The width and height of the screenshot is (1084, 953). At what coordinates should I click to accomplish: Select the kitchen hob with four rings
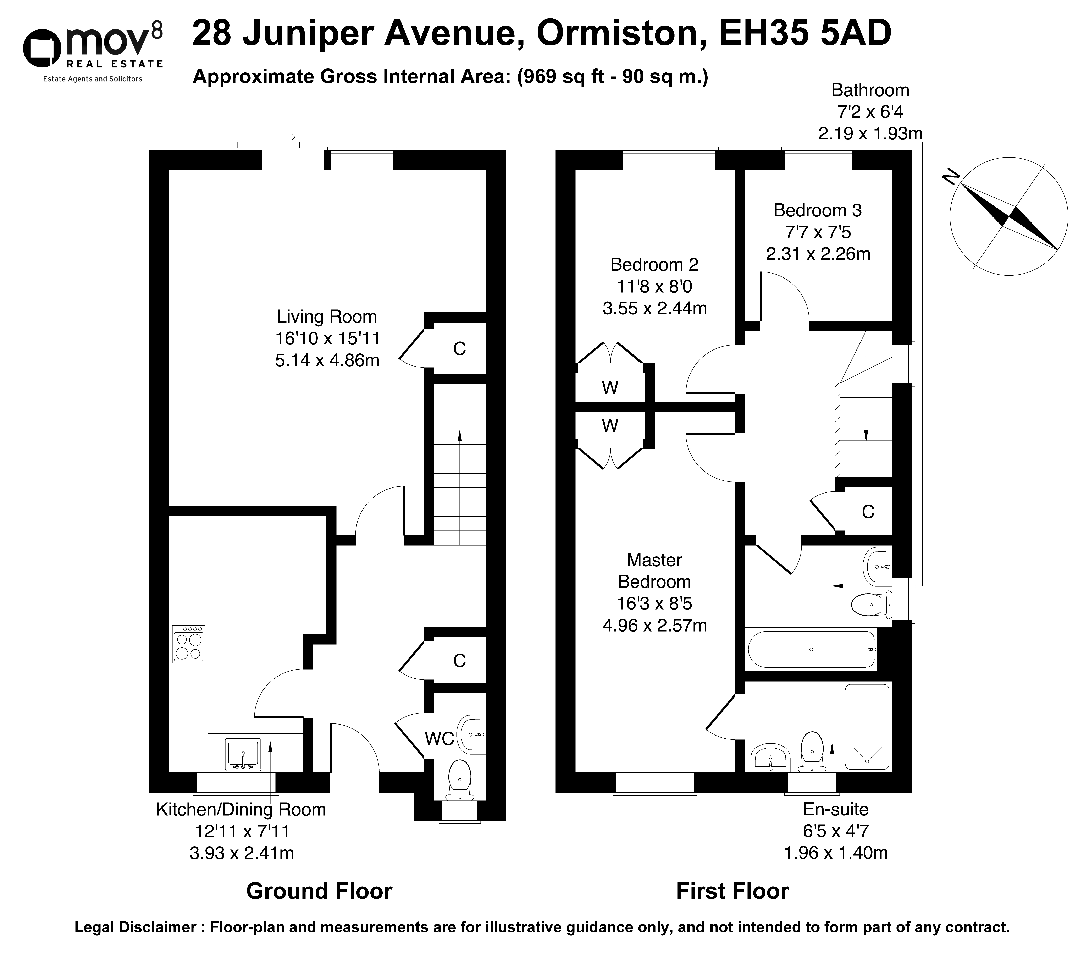click(188, 644)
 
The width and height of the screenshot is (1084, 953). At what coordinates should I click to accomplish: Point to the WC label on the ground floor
click(439, 738)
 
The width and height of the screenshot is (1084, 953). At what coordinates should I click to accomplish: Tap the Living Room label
click(327, 317)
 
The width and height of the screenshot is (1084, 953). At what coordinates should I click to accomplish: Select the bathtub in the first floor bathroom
click(811, 650)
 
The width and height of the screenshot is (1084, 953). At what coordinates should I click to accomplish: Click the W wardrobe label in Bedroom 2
click(610, 388)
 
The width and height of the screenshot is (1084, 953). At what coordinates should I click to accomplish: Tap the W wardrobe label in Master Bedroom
click(610, 425)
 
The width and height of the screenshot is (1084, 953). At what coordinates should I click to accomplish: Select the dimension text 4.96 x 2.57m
click(655, 626)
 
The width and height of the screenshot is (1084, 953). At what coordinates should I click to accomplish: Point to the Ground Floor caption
click(319, 891)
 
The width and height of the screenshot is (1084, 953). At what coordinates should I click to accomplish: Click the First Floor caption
click(732, 891)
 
